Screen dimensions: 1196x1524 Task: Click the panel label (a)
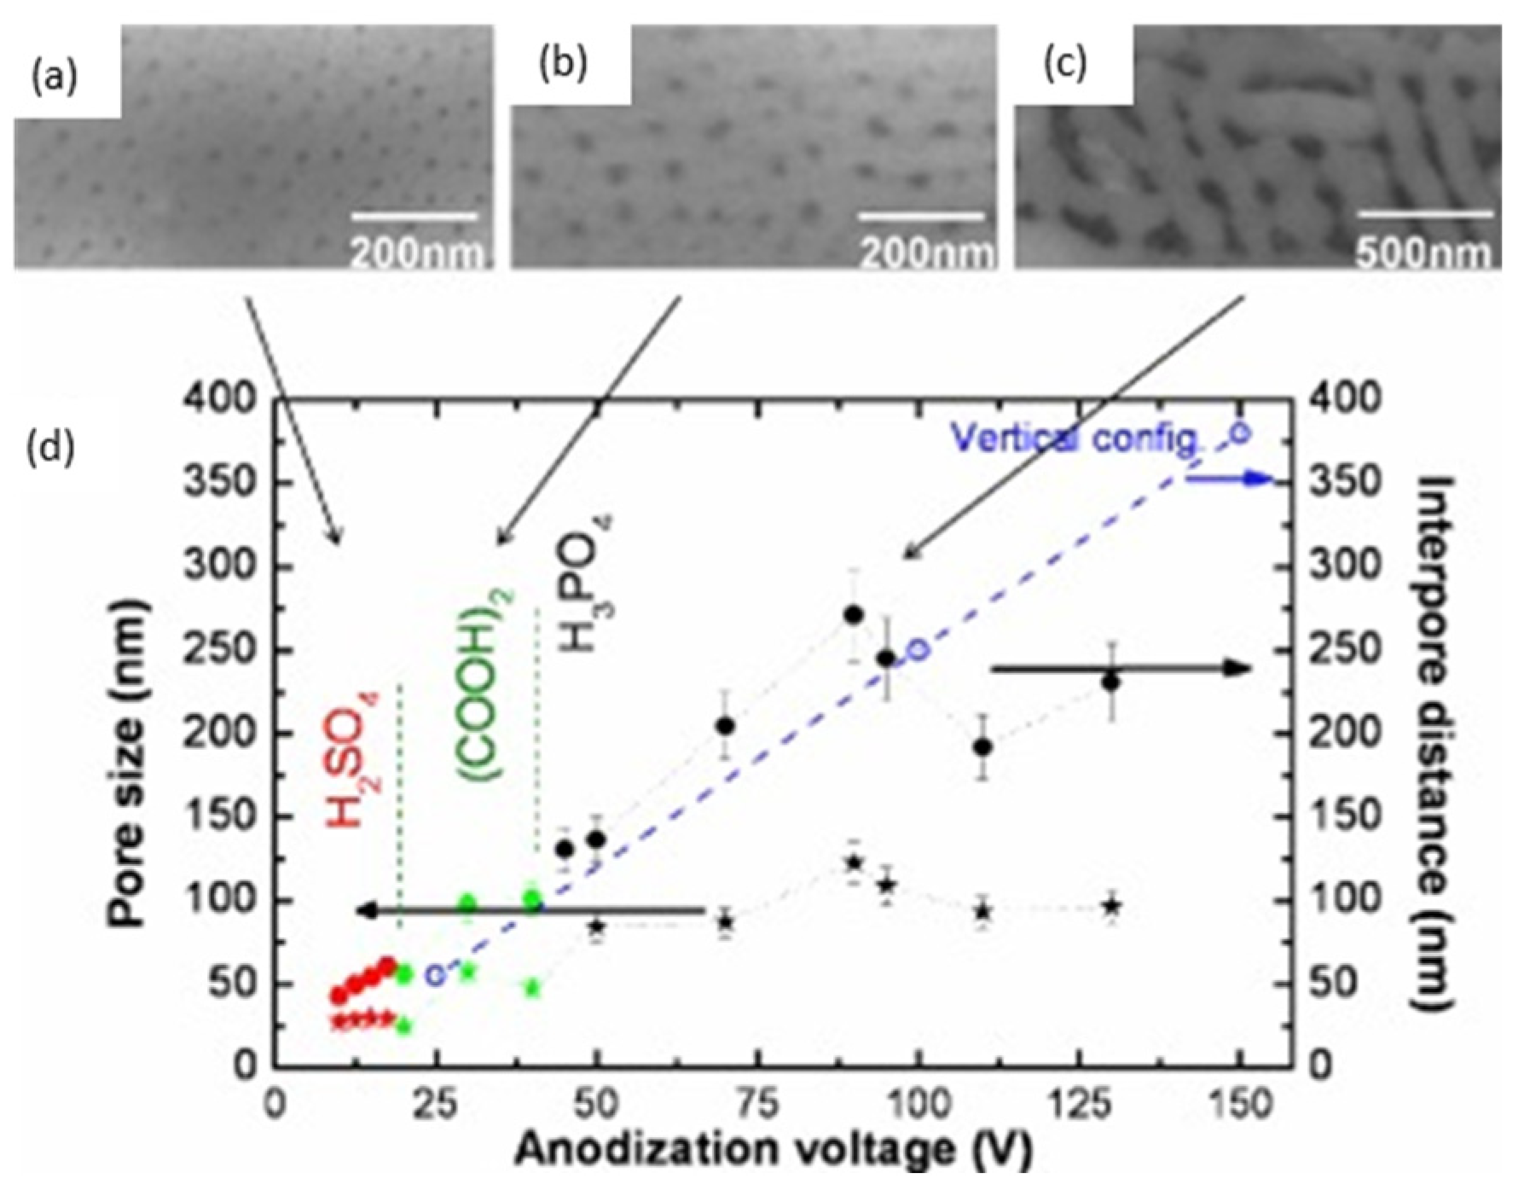54,78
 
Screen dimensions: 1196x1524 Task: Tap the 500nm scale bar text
1423,253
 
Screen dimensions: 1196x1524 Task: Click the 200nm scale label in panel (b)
925,253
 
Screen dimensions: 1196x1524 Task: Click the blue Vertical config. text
1076,439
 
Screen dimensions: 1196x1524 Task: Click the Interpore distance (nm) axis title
1433,742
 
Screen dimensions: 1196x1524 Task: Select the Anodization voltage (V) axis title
773,1148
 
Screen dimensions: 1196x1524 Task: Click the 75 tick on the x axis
757,1104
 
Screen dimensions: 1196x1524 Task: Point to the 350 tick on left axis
221,483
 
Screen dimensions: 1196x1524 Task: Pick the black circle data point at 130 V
1110,682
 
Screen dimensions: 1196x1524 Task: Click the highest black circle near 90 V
854,615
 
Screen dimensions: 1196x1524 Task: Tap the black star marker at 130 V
1110,907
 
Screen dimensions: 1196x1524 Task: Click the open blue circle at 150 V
1241,434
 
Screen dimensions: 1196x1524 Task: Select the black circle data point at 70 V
725,726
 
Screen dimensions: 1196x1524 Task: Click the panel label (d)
52,448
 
